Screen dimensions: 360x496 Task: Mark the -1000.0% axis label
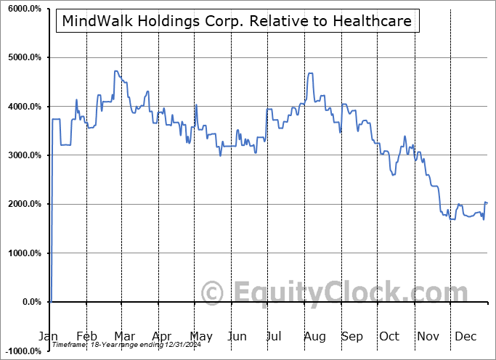21,351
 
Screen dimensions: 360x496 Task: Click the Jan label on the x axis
49,337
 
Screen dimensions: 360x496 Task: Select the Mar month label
125,337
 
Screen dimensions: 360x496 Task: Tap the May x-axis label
201,337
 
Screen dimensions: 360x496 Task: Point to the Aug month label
315,337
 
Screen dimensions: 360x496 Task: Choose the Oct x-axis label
390,337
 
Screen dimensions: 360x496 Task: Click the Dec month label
465,337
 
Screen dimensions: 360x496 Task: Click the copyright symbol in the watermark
213,292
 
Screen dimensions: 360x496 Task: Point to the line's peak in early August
311,73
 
